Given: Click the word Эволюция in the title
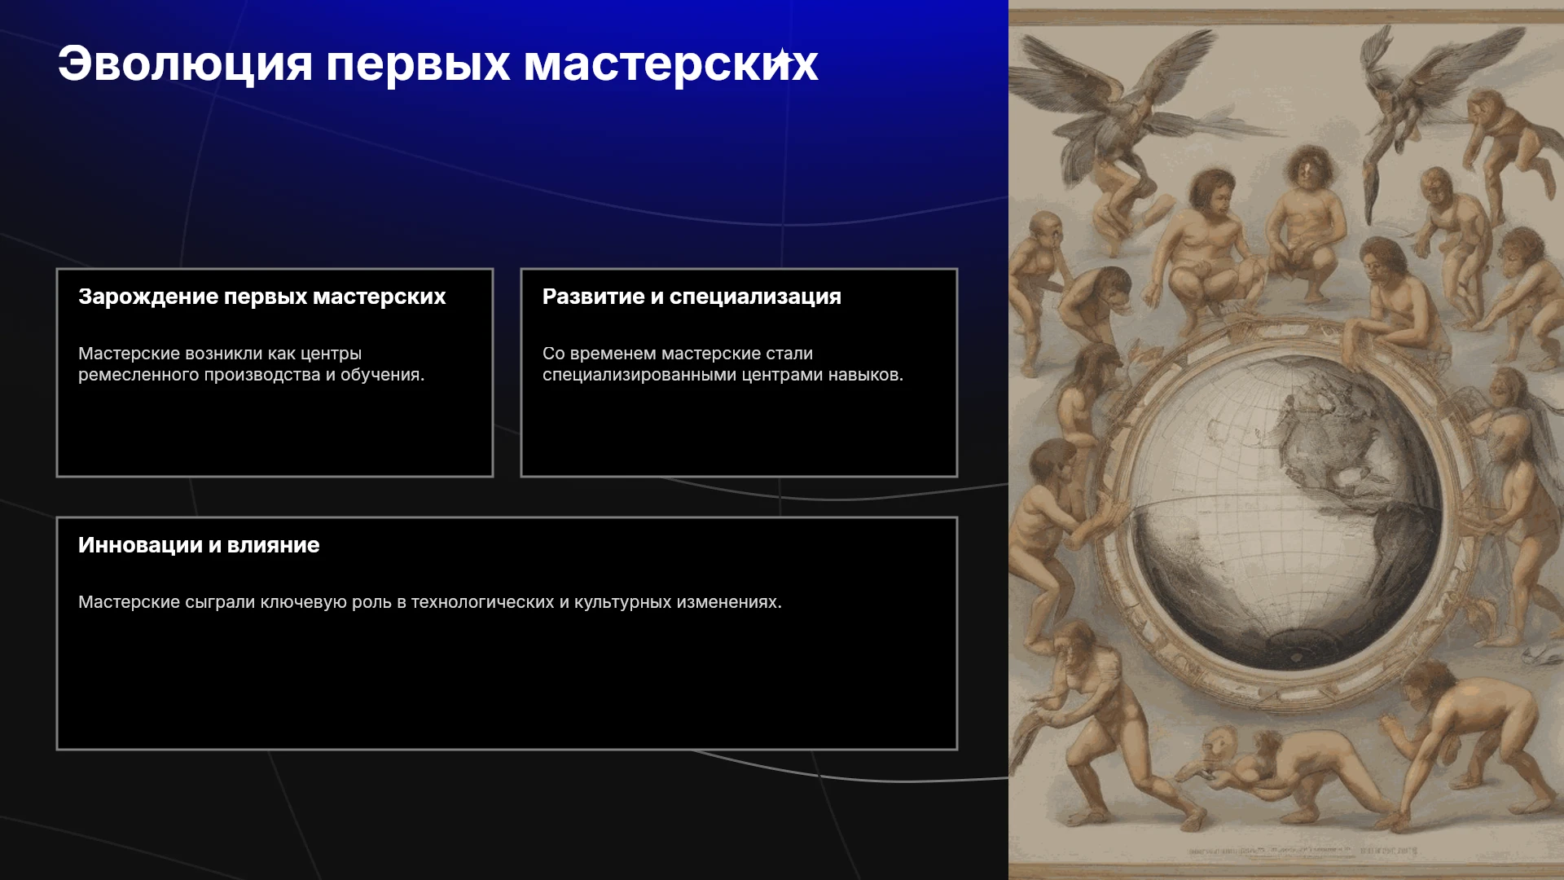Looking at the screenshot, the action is (x=185, y=64).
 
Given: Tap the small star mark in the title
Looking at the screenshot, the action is (x=782, y=59).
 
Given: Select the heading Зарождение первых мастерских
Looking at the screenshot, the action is (x=261, y=297).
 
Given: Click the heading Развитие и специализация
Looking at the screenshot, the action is (x=692, y=297).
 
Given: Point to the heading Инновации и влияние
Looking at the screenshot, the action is (x=199, y=545).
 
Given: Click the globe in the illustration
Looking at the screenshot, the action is (x=1284, y=512).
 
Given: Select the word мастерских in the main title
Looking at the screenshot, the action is (x=670, y=64).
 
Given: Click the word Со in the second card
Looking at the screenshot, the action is (x=553, y=354).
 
